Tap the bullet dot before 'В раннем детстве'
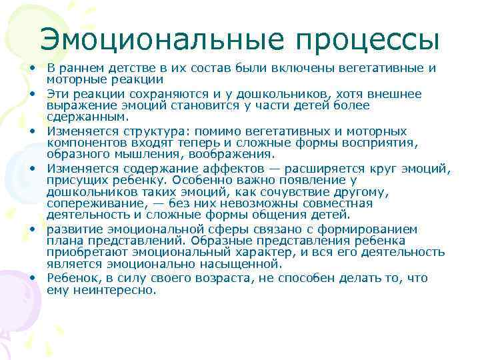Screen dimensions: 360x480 pyautogui.click(x=32, y=69)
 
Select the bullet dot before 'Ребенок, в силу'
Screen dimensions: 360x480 pyautogui.click(x=32, y=278)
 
